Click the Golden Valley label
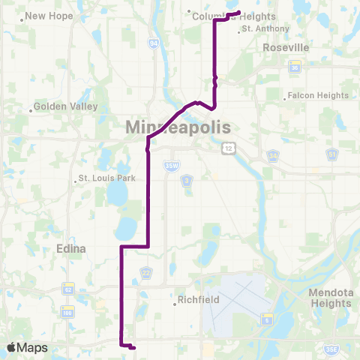click(66, 106)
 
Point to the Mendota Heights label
click(330, 298)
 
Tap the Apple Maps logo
click(27, 347)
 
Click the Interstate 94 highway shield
click(154, 44)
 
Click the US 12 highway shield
click(229, 147)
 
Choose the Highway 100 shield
click(68, 311)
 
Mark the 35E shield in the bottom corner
click(331, 349)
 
